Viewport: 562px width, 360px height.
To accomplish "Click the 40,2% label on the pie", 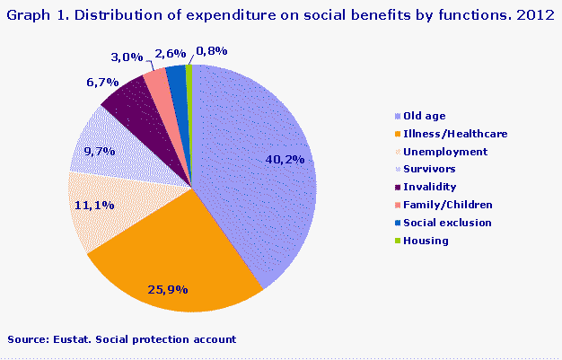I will point(287,159).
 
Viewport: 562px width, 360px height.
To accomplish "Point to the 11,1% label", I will point(92,205).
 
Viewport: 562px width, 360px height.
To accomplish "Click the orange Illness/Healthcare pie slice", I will point(180,260).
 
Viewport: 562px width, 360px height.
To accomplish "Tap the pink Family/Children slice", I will point(157,81).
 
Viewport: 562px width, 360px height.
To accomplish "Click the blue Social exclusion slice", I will point(177,77).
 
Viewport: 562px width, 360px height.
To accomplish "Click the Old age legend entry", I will point(424,116).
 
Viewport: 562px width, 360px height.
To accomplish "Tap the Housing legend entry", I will point(426,241).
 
